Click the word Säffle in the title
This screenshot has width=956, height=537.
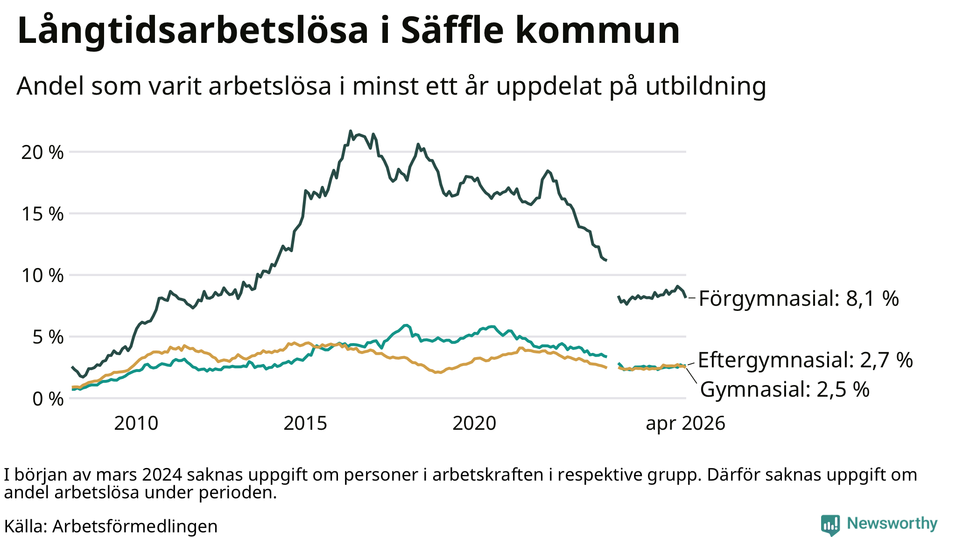tap(452, 31)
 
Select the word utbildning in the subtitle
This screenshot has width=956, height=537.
tap(706, 86)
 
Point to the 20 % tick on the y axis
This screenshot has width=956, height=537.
tap(42, 152)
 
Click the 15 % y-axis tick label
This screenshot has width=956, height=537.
tap(42, 214)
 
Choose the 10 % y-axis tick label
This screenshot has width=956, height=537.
tap(42, 275)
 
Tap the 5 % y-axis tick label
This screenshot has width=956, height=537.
tap(48, 337)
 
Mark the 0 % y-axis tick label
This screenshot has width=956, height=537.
tap(48, 399)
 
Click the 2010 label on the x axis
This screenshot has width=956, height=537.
tap(136, 423)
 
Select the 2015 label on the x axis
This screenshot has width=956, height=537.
tap(305, 423)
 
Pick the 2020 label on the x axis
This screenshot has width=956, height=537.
tap(474, 423)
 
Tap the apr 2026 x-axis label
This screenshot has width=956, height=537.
tap(685, 424)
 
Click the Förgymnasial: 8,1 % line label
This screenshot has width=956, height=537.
tap(799, 298)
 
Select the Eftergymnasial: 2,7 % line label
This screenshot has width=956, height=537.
tap(805, 360)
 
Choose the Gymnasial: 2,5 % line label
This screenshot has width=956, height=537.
tap(785, 389)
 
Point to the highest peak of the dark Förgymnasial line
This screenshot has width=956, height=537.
tap(351, 131)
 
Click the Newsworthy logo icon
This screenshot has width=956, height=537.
tap(830, 525)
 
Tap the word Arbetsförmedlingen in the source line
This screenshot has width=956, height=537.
tap(135, 526)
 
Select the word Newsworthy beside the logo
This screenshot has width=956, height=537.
tap(892, 523)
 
